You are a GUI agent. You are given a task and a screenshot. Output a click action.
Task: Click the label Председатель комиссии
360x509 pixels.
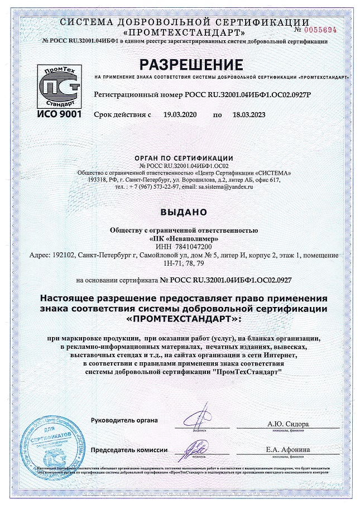(x=129, y=450)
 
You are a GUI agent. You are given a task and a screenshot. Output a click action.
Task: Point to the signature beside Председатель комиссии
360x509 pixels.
(x=198, y=447)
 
